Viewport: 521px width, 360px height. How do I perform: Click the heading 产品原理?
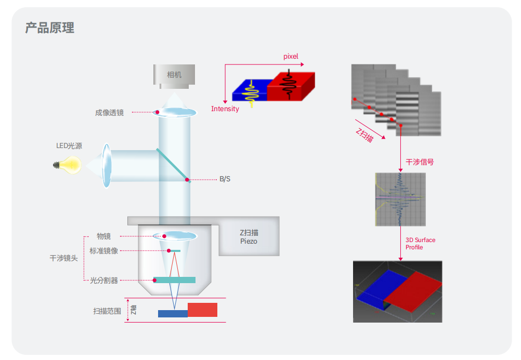point(49,28)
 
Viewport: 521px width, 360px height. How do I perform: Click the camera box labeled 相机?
point(174,75)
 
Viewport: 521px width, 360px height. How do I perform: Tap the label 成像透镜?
point(109,112)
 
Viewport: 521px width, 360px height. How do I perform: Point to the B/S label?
point(225,179)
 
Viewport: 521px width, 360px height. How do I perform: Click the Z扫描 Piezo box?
point(249,237)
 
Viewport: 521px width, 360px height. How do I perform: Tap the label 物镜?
point(103,236)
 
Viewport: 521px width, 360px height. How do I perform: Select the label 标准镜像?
point(103,251)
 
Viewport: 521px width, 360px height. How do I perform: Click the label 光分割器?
point(103,281)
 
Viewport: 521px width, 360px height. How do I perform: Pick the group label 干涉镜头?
point(63,258)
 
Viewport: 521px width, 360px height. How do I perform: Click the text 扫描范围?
point(107,311)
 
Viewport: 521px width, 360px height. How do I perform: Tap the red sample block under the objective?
point(202,310)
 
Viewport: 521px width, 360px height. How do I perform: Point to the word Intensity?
point(225,109)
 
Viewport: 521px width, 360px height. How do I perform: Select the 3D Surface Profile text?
point(420,244)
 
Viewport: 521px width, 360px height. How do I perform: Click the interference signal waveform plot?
point(400,199)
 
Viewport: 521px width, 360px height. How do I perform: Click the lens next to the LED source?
point(107,166)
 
